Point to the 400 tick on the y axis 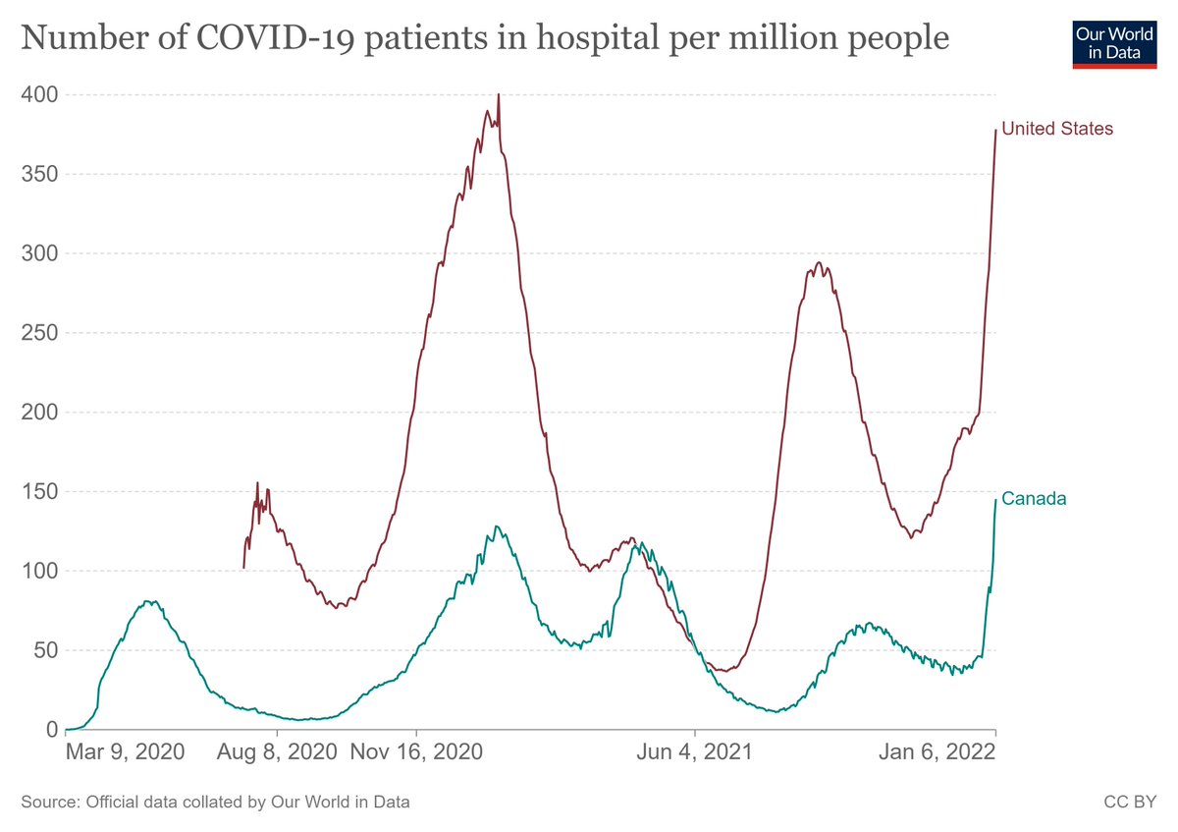coord(39,95)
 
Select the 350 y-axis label coord(39,175)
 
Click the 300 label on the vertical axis coord(39,254)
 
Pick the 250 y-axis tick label coord(39,334)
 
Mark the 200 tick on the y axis coord(39,413)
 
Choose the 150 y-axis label coord(39,492)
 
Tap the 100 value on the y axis coord(39,572)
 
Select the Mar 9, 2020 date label coord(125,753)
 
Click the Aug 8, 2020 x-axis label coord(278,753)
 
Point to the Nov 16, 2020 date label coord(416,753)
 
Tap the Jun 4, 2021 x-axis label coord(695,753)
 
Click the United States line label coord(1056,129)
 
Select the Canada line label coord(1033,499)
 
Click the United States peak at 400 coord(499,95)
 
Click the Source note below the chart coord(215,803)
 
